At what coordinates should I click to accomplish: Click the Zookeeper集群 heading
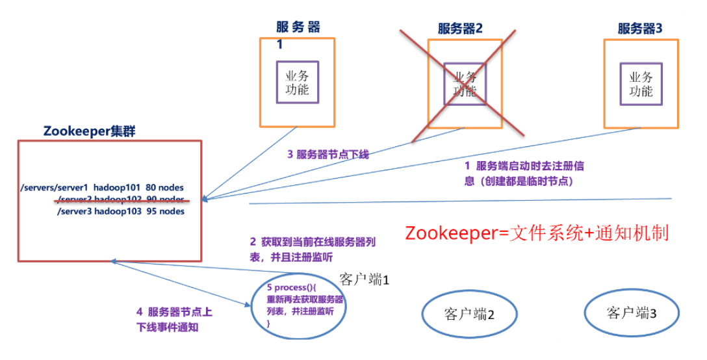click(x=89, y=130)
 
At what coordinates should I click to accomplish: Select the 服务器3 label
click(x=640, y=29)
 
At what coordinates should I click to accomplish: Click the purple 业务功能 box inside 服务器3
click(x=641, y=83)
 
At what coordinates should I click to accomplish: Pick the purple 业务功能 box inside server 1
click(x=298, y=82)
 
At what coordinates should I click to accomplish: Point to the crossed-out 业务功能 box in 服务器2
click(x=465, y=83)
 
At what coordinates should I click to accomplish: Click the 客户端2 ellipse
click(x=469, y=315)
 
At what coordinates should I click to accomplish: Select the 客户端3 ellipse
click(x=631, y=313)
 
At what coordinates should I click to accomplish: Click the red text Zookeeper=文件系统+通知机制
click(x=536, y=233)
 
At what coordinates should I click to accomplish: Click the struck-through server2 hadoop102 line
click(x=120, y=199)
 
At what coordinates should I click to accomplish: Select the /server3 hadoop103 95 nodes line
click(x=120, y=211)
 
